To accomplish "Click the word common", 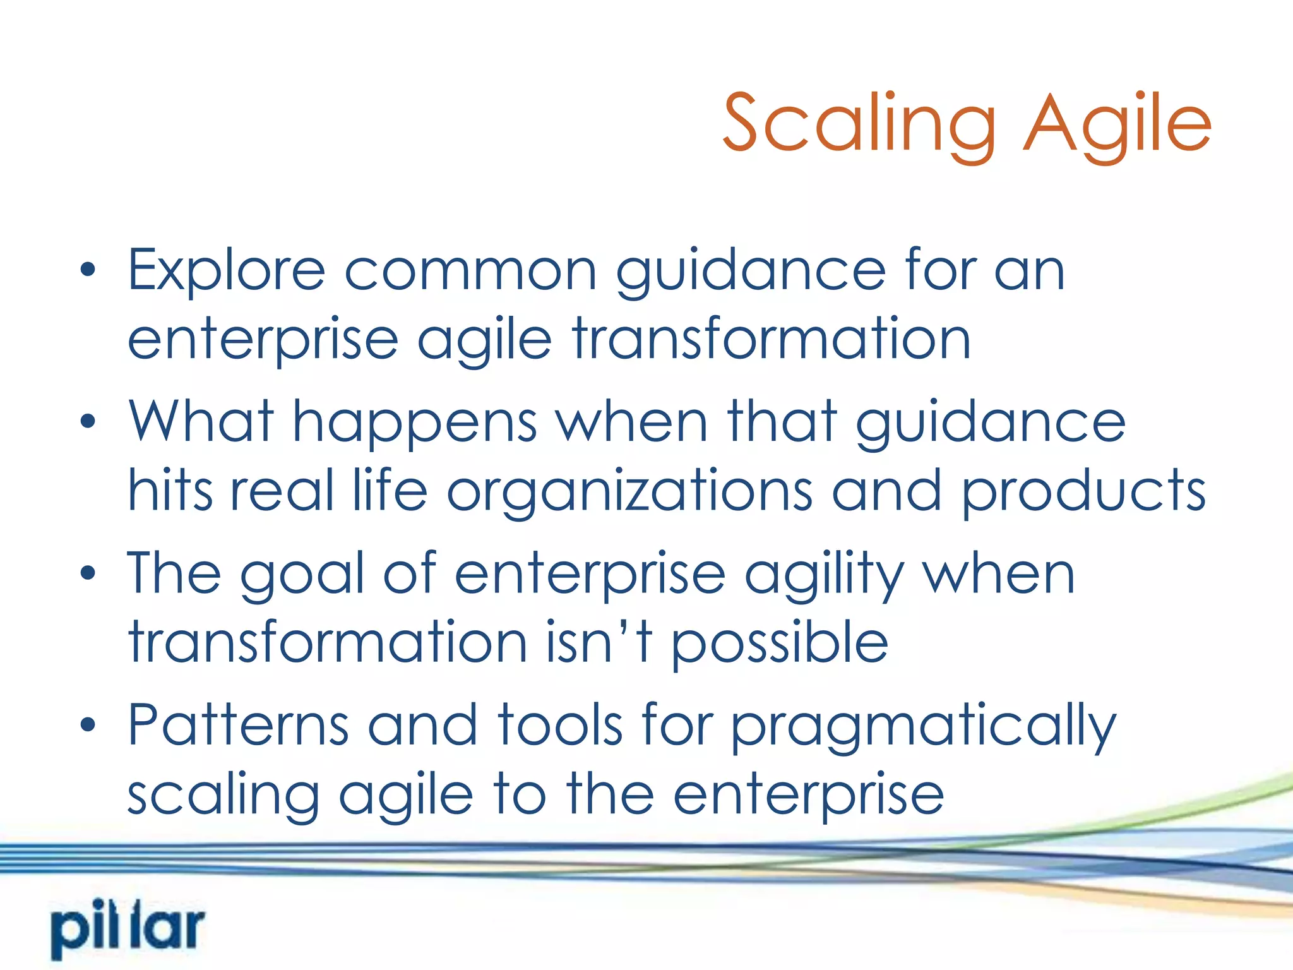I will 470,272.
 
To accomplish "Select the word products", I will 1083,493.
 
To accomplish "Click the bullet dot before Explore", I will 88,270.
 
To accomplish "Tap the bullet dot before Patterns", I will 88,724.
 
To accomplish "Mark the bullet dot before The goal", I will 88,573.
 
